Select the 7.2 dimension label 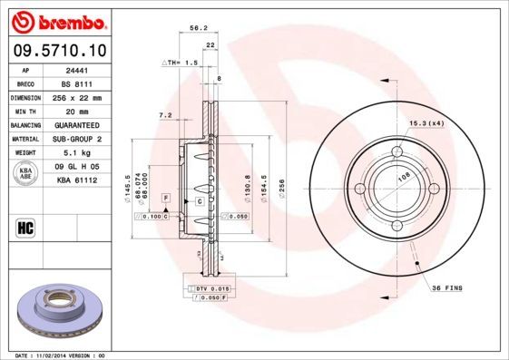(x=164, y=115)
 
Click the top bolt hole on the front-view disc (x=397, y=151)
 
